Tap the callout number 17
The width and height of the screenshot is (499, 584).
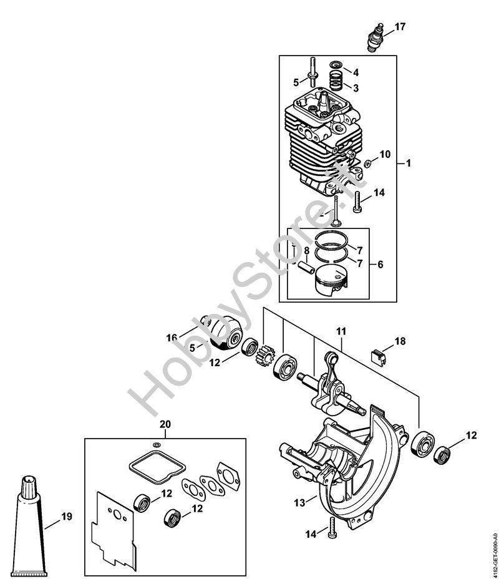[x=400, y=27]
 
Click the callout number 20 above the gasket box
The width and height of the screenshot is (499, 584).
[x=165, y=424]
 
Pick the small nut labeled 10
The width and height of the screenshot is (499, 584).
[x=368, y=163]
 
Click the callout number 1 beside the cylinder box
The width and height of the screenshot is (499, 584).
[x=408, y=163]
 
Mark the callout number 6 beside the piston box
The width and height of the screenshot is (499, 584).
[x=380, y=264]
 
